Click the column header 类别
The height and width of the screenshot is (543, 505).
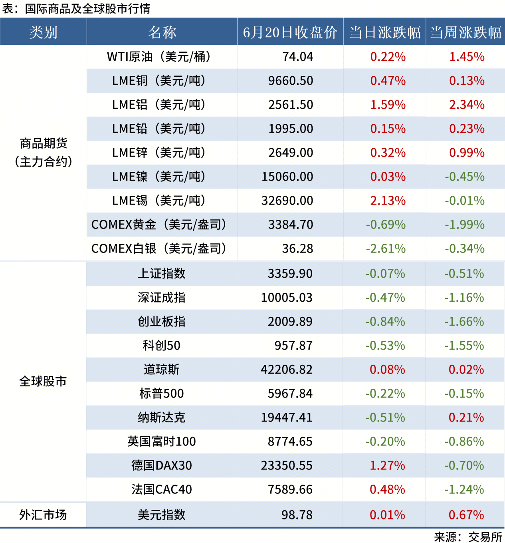point(43,32)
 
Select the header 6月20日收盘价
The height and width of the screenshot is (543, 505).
point(290,32)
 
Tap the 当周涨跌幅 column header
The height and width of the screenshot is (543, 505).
point(465,32)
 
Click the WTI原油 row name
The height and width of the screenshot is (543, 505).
point(158,57)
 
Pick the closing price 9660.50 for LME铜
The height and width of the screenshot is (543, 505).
point(291,81)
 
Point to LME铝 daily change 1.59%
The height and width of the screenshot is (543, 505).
point(388,105)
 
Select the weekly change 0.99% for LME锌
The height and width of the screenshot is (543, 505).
point(467,153)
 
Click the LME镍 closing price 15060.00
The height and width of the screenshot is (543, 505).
point(287,177)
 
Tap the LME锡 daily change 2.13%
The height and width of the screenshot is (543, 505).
point(388,201)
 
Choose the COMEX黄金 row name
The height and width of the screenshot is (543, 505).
point(159,225)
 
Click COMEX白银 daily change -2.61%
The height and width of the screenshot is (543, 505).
point(386,249)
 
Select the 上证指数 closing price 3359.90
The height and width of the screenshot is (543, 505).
point(290,274)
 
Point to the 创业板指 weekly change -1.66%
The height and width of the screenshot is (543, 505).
point(464,322)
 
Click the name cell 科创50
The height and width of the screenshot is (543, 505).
point(162,346)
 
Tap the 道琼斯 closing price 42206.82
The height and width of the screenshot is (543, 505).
point(287,370)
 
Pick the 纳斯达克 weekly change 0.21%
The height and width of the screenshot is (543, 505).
point(466,418)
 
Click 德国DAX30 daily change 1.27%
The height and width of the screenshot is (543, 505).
point(387,465)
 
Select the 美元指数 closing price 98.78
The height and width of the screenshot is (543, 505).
point(297,515)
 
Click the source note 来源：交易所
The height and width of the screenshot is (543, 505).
point(468,537)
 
